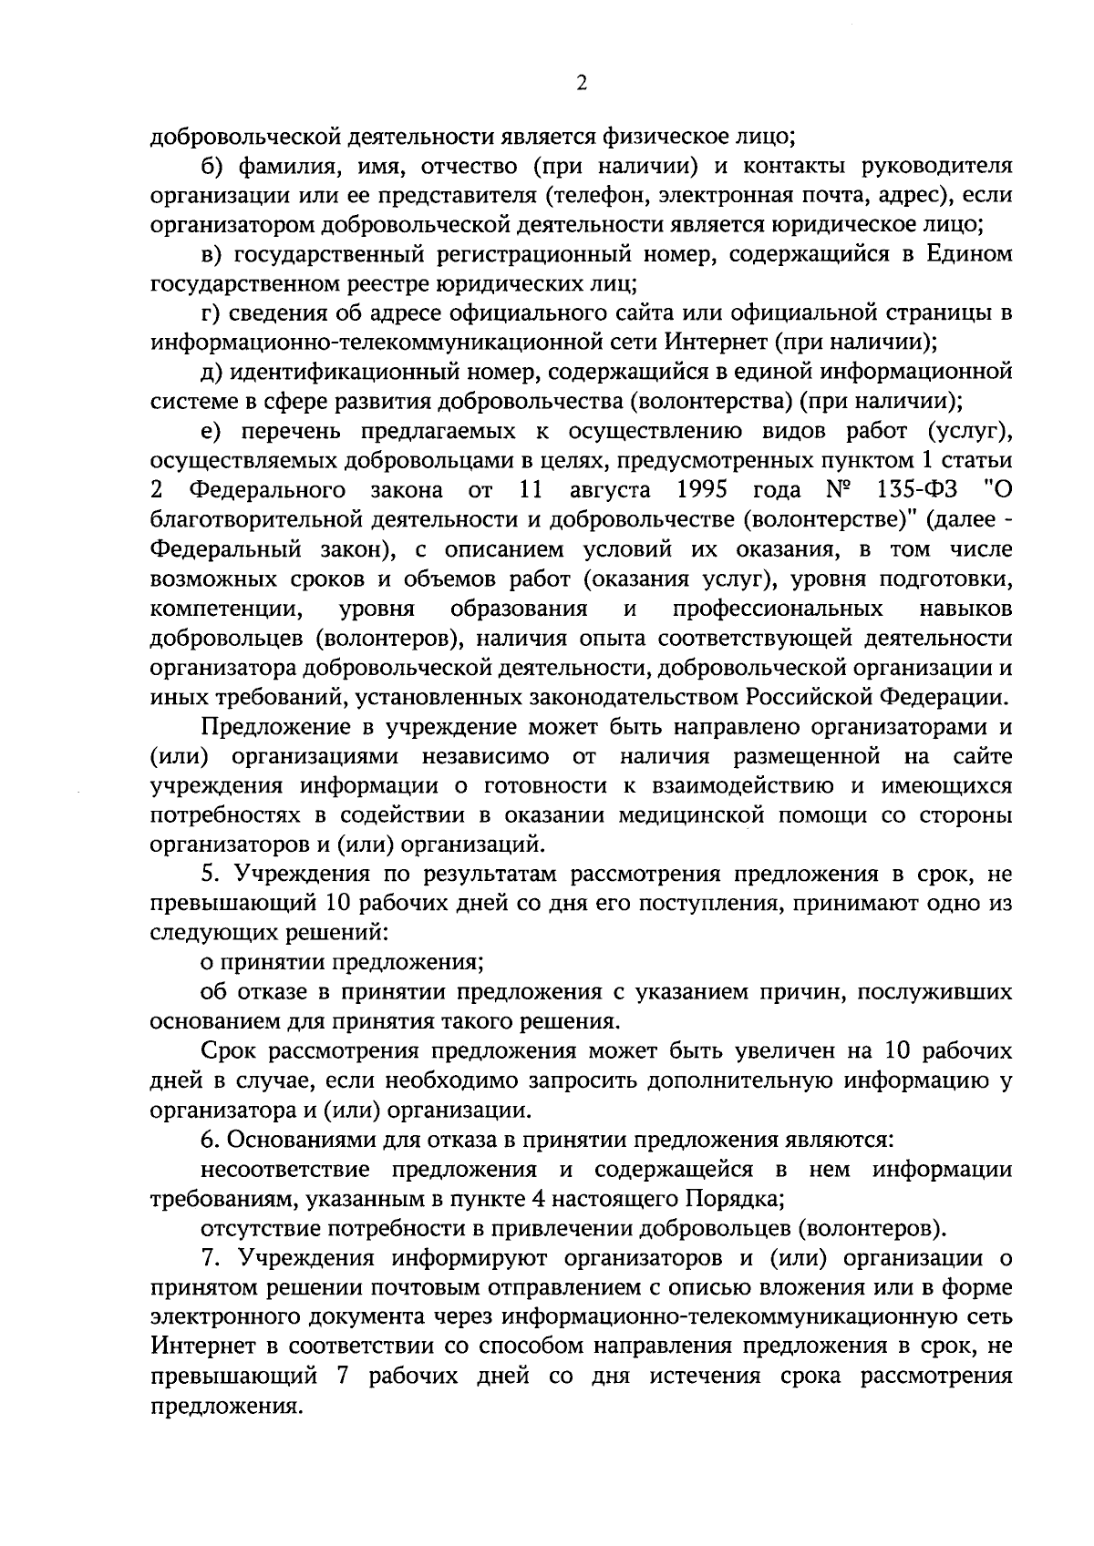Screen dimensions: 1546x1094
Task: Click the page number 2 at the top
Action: tap(581, 83)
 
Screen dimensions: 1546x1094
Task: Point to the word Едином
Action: tap(970, 254)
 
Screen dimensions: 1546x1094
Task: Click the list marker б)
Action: tap(212, 167)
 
